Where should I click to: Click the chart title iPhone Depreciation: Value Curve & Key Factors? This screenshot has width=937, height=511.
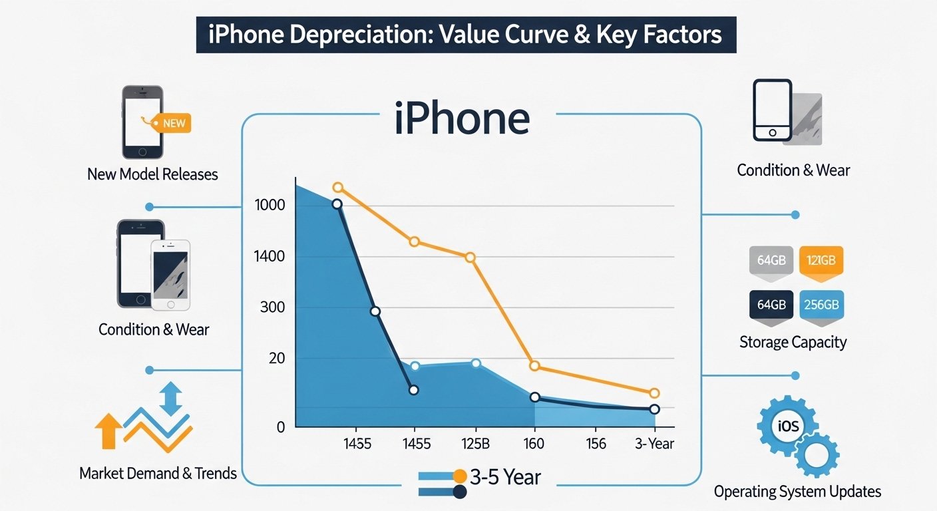click(x=465, y=34)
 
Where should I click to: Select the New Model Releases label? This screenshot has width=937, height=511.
click(x=152, y=174)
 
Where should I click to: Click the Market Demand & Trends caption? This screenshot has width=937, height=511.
click(x=158, y=473)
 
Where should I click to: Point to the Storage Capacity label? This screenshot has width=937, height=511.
click(x=793, y=342)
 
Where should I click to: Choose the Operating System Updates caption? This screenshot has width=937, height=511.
click(x=797, y=492)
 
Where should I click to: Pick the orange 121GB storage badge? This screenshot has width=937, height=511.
click(x=821, y=260)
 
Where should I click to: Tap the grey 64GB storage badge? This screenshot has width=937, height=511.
click(x=771, y=260)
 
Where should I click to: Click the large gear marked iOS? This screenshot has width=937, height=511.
click(x=787, y=426)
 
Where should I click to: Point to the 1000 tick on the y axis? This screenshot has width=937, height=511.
click(x=270, y=205)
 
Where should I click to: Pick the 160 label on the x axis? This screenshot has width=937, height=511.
click(x=534, y=444)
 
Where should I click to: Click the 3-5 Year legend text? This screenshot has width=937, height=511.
click(x=505, y=476)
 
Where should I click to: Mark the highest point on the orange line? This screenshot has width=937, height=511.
click(x=337, y=188)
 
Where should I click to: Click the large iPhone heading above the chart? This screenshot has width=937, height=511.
click(x=462, y=120)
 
